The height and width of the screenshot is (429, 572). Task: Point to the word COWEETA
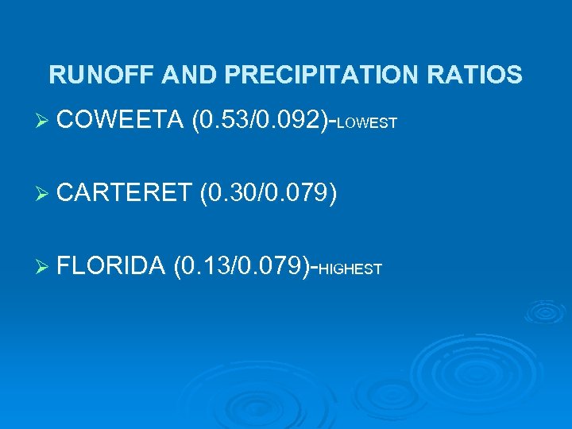[x=119, y=121]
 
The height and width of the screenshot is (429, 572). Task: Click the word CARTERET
[x=126, y=192]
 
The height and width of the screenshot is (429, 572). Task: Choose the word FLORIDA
[x=111, y=265]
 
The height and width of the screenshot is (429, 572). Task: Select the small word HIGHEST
[x=350, y=269]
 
